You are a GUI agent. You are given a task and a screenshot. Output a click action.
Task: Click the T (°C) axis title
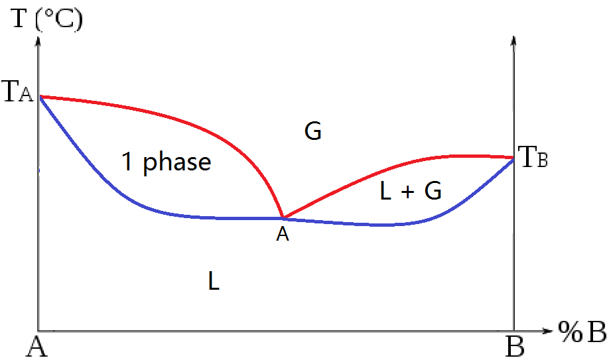47,19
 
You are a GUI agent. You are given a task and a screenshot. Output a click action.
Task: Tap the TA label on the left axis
18,92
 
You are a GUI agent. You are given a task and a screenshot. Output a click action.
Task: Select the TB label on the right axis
533,157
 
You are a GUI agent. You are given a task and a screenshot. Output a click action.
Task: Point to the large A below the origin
36,346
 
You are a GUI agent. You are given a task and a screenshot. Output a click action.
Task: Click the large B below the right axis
515,346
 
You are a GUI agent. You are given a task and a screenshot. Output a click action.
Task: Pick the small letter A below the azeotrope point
283,234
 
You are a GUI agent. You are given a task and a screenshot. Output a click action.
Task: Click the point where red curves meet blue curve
283,218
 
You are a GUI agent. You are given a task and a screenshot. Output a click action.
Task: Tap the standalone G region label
312,131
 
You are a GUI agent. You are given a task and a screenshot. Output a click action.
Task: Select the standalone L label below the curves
214,281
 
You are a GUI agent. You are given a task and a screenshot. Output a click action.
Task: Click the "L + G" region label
411,191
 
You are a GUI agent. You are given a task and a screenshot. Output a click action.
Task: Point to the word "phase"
177,162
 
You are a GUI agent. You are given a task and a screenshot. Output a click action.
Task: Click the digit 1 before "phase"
127,162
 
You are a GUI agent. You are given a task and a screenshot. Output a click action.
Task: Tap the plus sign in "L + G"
408,192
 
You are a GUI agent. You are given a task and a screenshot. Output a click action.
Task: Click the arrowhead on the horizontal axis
547,331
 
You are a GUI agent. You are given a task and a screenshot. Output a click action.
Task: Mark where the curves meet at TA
40,96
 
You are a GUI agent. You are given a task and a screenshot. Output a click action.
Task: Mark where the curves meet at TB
513,158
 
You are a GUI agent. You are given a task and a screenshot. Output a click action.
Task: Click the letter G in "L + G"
433,191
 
